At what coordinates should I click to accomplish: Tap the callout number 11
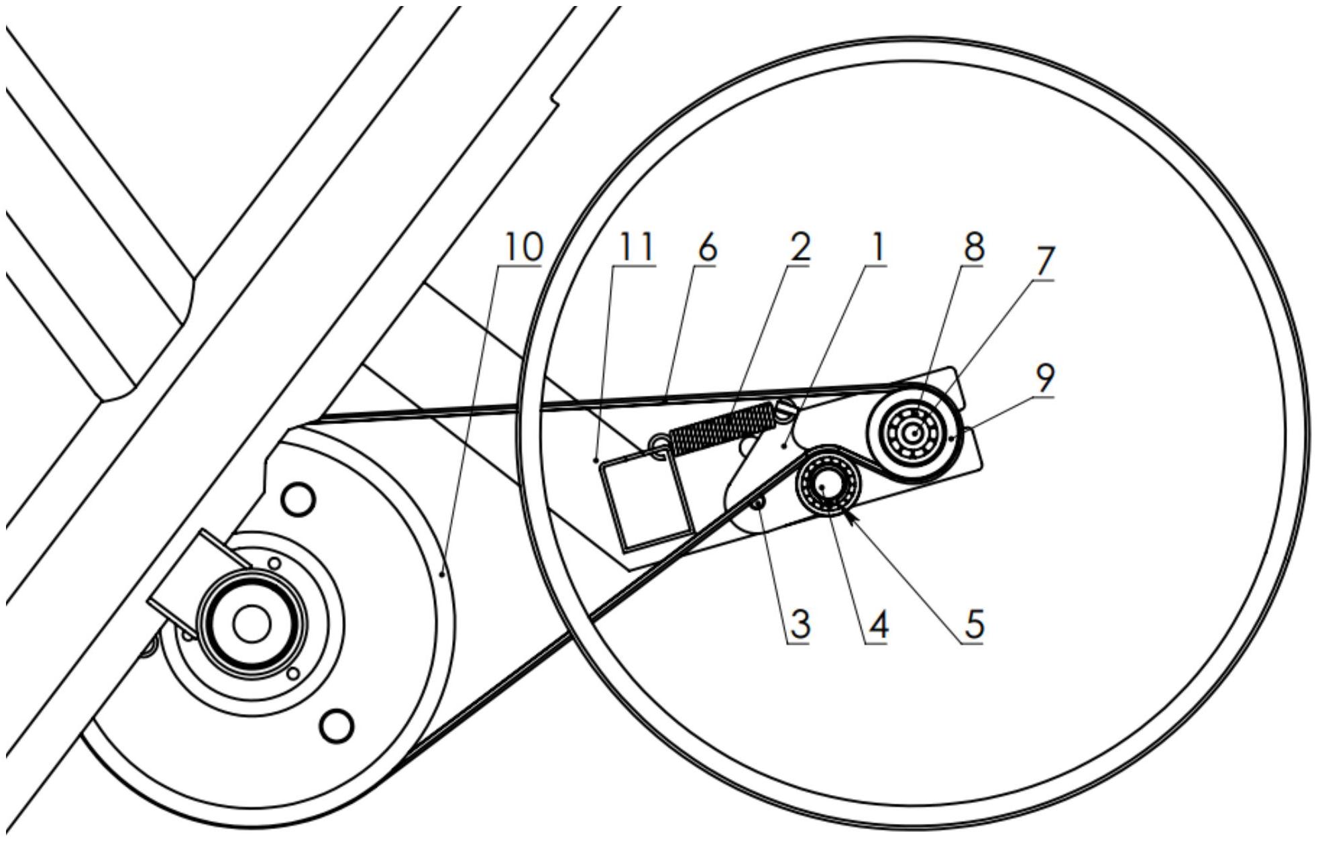tap(635, 248)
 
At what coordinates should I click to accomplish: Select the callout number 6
tap(707, 248)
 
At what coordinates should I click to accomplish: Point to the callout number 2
tap(799, 248)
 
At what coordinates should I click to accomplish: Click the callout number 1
tap(877, 248)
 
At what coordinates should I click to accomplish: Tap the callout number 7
tap(1044, 262)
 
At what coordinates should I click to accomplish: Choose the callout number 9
tap(1044, 378)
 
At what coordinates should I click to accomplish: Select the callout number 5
tap(974, 625)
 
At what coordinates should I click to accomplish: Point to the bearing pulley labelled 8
tap(912, 433)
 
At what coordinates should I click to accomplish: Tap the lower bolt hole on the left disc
tap(337, 725)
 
